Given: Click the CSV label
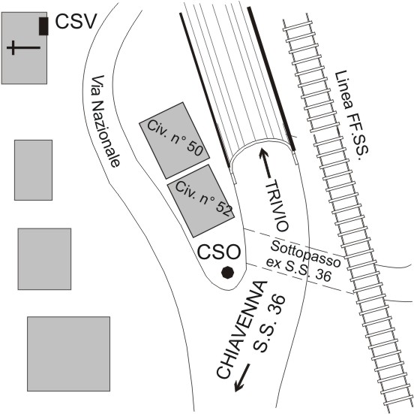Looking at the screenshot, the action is tap(75, 22).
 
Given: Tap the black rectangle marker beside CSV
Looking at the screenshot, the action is tap(43, 26).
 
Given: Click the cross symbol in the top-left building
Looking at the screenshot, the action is tap(23, 48).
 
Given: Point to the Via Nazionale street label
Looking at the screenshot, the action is tap(105, 122).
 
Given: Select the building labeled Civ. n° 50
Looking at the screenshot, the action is tap(174, 141).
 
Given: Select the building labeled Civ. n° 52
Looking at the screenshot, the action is tap(201, 201).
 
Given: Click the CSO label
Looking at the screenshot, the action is tap(219, 252).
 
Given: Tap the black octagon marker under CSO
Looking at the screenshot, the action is tap(227, 273).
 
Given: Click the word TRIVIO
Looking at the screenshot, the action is tap(277, 206).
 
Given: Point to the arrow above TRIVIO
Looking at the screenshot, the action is tap(265, 163).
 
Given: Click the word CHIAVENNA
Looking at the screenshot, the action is tap(241, 330).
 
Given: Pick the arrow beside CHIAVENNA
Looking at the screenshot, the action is tap(241, 377).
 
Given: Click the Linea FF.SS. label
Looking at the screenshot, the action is tap(351, 116).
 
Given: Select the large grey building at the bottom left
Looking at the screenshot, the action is tap(69, 354).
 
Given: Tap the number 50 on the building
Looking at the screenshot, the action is tap(194, 149).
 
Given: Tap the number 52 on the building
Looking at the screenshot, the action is tap(224, 209).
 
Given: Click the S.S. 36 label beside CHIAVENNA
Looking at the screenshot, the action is tap(269, 324).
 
